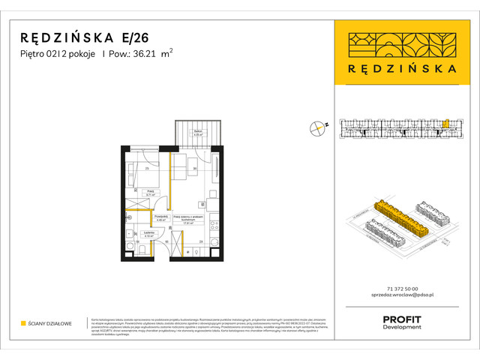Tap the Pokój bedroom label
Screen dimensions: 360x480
point(150,193)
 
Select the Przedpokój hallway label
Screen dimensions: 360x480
point(160,218)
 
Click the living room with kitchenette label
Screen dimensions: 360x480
point(184,220)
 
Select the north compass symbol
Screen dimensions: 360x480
point(318,128)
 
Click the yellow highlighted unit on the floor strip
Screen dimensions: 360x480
point(443,124)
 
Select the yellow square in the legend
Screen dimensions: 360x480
point(23,324)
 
